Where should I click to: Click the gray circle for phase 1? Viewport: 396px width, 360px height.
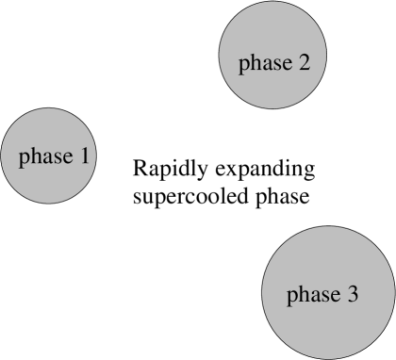point(48,155)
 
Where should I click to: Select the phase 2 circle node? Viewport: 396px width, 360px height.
point(266,63)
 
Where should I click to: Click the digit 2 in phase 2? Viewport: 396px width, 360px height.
point(303,63)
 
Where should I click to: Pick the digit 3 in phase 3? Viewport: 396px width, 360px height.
point(352,294)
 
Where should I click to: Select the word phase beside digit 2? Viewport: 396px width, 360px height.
point(264,64)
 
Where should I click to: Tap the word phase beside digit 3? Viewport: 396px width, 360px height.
point(313,295)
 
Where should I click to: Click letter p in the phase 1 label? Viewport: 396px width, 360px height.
point(25,158)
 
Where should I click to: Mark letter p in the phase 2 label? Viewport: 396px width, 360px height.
point(244,66)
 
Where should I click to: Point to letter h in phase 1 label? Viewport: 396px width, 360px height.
point(35,155)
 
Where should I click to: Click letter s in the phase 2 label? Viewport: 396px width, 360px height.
point(274,65)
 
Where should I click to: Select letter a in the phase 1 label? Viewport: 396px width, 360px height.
point(45,157)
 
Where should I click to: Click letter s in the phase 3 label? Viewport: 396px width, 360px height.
point(323,296)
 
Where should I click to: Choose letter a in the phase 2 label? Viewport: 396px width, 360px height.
point(265,65)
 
